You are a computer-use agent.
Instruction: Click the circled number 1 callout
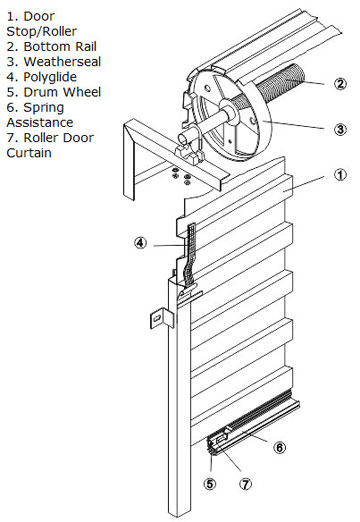(340, 175)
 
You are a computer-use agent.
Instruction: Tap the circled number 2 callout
(340, 84)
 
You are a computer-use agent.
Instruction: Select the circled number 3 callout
(340, 129)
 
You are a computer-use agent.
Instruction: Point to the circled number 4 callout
(140, 242)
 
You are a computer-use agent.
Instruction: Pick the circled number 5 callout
(210, 484)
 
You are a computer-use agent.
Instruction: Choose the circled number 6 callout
(279, 447)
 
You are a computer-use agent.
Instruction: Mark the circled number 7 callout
(246, 484)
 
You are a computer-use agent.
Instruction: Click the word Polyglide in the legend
(50, 77)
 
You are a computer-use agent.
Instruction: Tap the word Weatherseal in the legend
(62, 62)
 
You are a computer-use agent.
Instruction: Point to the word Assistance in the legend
(40, 122)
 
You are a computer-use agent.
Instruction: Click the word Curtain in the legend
(29, 153)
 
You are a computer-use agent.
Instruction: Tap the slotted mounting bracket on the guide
(162, 318)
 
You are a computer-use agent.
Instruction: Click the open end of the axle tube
(183, 138)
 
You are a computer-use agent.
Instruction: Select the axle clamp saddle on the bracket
(189, 154)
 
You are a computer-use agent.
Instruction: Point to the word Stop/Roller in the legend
(42, 32)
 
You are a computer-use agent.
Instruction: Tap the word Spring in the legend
(44, 108)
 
